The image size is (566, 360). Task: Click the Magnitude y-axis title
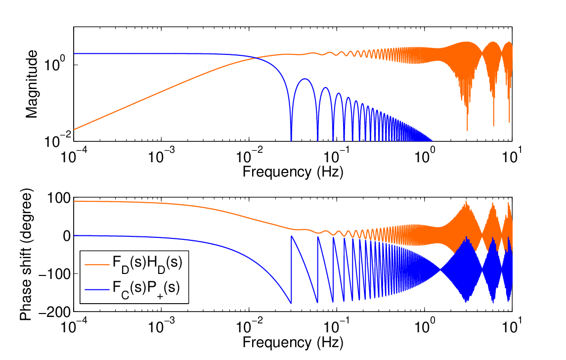click(x=32, y=84)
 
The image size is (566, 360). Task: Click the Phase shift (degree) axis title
click(x=26, y=255)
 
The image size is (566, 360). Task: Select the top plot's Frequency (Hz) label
click(x=293, y=172)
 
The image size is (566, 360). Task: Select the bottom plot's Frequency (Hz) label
click(x=293, y=342)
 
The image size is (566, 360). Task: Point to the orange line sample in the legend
click(x=97, y=264)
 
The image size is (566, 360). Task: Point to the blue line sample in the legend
click(x=97, y=290)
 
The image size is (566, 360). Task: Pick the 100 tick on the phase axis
click(x=59, y=198)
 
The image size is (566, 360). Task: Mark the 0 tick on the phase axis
click(x=67, y=236)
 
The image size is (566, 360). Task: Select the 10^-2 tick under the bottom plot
click(x=249, y=327)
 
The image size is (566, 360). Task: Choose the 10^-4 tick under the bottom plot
click(x=74, y=327)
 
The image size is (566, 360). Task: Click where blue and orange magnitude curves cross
click(x=256, y=58)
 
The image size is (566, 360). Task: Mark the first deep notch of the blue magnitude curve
click(x=291, y=139)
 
